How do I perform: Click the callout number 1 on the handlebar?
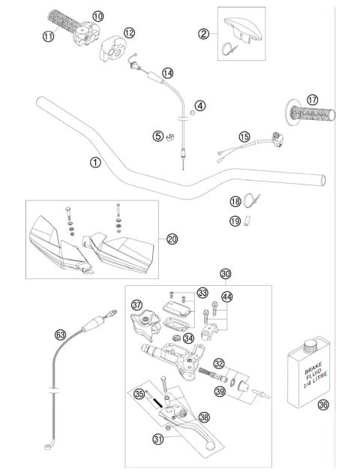94,161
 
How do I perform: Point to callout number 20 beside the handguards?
172,239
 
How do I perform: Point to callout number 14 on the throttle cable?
167,73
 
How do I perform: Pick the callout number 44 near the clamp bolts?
226,296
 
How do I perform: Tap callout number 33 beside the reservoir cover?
202,293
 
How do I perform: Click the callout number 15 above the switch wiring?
244,137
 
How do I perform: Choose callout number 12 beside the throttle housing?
129,32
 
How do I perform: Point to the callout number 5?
157,136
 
